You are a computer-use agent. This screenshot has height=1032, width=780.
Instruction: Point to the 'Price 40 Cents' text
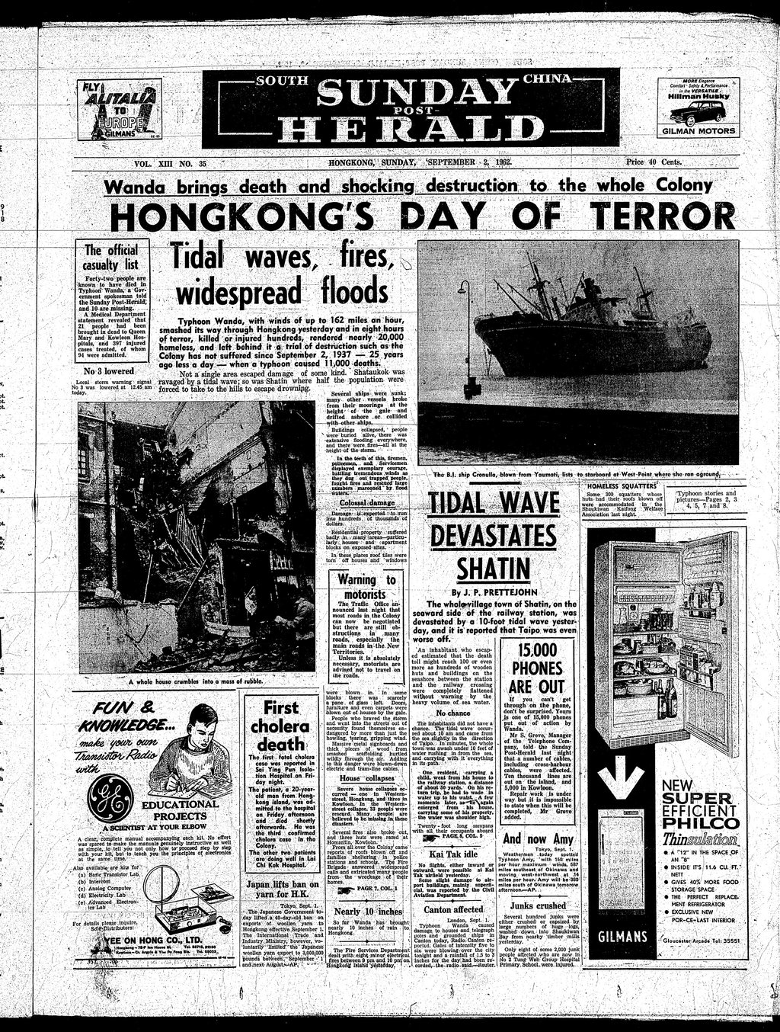click(x=653, y=162)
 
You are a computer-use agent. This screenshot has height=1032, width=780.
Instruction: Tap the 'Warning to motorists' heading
click(x=367, y=587)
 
